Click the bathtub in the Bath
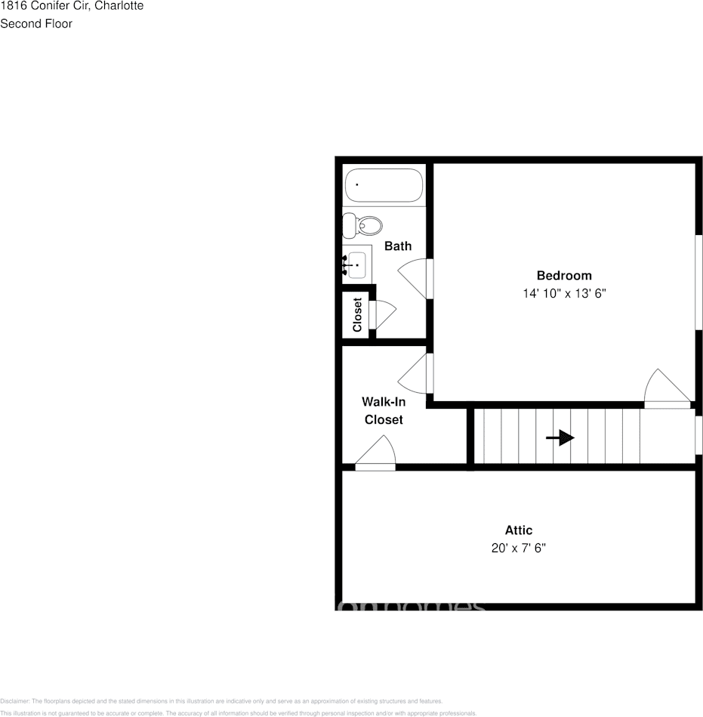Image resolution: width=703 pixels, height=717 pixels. (384, 186)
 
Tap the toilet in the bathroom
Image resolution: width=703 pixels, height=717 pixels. (362, 225)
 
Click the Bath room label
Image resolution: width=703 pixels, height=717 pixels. (398, 246)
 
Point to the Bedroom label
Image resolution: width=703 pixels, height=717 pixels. (564, 276)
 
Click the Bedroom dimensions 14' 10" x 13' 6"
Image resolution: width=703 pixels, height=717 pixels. (564, 293)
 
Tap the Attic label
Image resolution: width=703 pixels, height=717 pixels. (518, 530)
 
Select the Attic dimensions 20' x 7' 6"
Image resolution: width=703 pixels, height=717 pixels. (518, 548)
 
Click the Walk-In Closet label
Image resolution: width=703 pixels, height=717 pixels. (384, 411)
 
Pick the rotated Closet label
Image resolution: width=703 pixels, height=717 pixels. (357, 314)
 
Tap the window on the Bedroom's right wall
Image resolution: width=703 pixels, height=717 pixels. (698, 282)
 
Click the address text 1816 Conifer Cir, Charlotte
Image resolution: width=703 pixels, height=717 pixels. (72, 6)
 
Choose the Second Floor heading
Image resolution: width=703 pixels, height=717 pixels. (36, 24)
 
